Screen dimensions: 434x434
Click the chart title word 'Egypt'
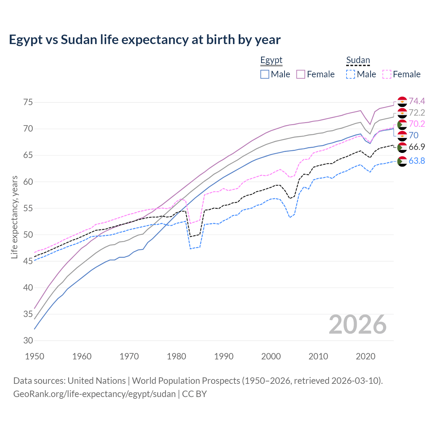(x=23, y=40)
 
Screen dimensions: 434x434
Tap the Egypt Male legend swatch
(x=265, y=74)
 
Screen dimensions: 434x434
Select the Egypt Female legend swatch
(x=301, y=74)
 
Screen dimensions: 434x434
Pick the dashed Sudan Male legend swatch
(x=351, y=74)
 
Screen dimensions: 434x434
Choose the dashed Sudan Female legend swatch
(x=387, y=74)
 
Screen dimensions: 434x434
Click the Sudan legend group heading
(x=358, y=60)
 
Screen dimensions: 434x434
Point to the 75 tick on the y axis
(x=28, y=102)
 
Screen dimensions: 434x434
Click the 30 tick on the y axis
(x=28, y=340)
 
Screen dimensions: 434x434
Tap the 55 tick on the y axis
(x=28, y=208)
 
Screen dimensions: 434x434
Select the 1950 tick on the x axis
(x=35, y=356)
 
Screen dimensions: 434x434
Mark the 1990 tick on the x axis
(x=224, y=356)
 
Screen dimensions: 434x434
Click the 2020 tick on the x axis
(x=366, y=356)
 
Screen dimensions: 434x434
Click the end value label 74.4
(x=417, y=101)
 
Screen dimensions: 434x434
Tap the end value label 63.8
(x=417, y=161)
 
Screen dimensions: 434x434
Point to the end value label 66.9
(x=417, y=147)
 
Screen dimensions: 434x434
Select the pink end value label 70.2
(x=417, y=124)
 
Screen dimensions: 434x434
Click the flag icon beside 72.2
(x=402, y=113)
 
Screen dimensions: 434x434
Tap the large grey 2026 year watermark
(x=358, y=324)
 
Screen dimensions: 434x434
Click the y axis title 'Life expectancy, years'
(x=14, y=217)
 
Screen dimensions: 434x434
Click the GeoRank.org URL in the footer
(x=94, y=394)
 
